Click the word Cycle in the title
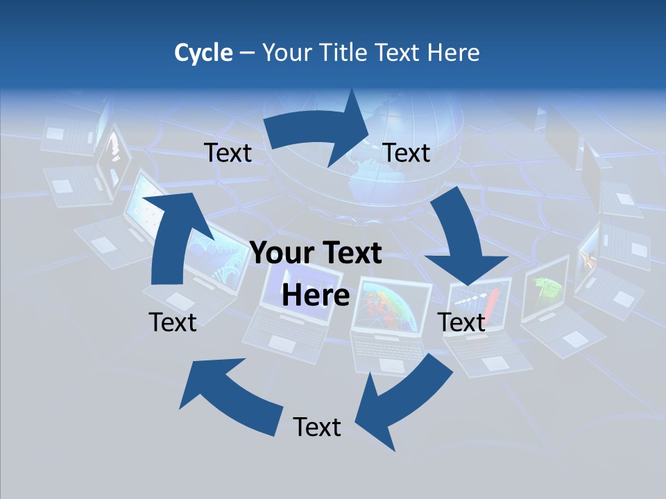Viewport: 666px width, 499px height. (x=203, y=53)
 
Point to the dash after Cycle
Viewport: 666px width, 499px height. (x=247, y=53)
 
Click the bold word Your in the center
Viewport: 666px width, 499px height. (x=280, y=254)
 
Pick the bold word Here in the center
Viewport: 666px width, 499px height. (x=316, y=295)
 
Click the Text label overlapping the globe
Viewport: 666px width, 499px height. (x=407, y=152)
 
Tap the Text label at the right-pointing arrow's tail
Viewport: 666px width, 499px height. (x=228, y=152)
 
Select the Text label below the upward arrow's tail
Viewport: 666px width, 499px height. (x=173, y=322)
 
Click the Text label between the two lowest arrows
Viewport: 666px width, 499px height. (x=317, y=427)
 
